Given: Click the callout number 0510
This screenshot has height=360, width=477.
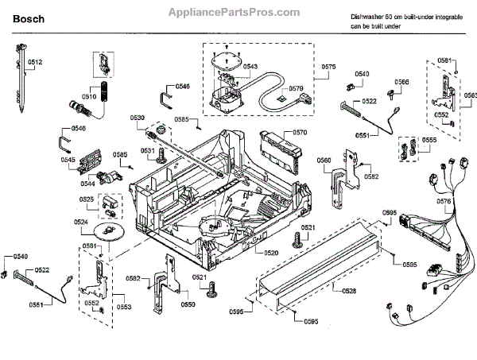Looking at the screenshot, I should pos(88,96).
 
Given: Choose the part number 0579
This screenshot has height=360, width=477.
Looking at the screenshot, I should pos(296,88).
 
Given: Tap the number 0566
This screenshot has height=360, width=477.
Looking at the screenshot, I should pos(402,82).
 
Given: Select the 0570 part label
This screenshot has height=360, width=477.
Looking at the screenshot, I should pos(299,133).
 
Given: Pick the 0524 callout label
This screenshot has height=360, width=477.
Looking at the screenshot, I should pos(81,222).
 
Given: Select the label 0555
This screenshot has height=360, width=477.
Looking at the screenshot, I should pos(429,140).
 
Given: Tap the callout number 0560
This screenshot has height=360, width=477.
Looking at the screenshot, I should pos(324,160).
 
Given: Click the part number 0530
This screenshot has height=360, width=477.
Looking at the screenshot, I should pos(138,118).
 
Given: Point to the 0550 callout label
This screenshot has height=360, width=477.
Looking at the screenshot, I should pos(188,304).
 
